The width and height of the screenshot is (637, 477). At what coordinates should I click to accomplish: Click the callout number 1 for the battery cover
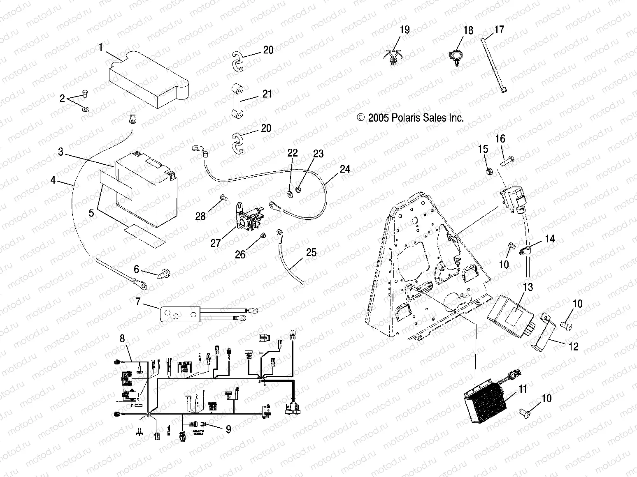click(100, 47)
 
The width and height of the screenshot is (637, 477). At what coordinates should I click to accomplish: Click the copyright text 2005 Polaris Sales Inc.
click(411, 118)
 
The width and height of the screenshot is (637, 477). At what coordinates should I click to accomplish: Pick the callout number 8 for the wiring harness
click(121, 339)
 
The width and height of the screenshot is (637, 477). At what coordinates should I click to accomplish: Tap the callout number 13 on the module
click(528, 287)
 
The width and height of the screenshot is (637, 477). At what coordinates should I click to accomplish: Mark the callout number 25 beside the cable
click(312, 252)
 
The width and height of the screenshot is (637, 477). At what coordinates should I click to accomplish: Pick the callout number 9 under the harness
click(228, 429)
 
